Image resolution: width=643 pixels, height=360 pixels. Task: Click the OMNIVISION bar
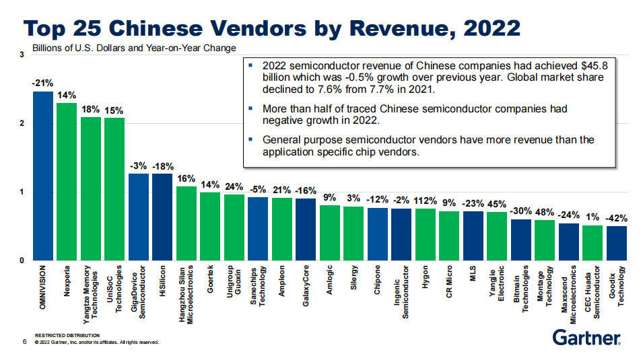coord(42,176)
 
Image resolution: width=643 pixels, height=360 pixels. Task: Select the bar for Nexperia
coord(66,182)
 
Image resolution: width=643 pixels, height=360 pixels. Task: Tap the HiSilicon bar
coord(162,217)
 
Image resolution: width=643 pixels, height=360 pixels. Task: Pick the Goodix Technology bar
coord(616,243)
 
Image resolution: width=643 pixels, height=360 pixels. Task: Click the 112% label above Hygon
coord(425,201)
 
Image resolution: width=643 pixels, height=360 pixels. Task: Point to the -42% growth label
coord(616,218)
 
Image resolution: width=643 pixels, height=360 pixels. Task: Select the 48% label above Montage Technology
coord(545,212)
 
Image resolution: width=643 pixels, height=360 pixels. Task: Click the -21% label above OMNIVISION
coord(42,83)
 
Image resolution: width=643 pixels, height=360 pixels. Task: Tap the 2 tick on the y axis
coord(22,124)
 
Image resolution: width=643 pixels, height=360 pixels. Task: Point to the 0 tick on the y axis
coord(22,260)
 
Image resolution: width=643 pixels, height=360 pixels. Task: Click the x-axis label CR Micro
coord(449,283)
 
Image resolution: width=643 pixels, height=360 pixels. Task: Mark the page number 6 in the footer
coord(25,342)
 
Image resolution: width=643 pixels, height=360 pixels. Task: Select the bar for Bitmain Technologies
coord(520,240)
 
